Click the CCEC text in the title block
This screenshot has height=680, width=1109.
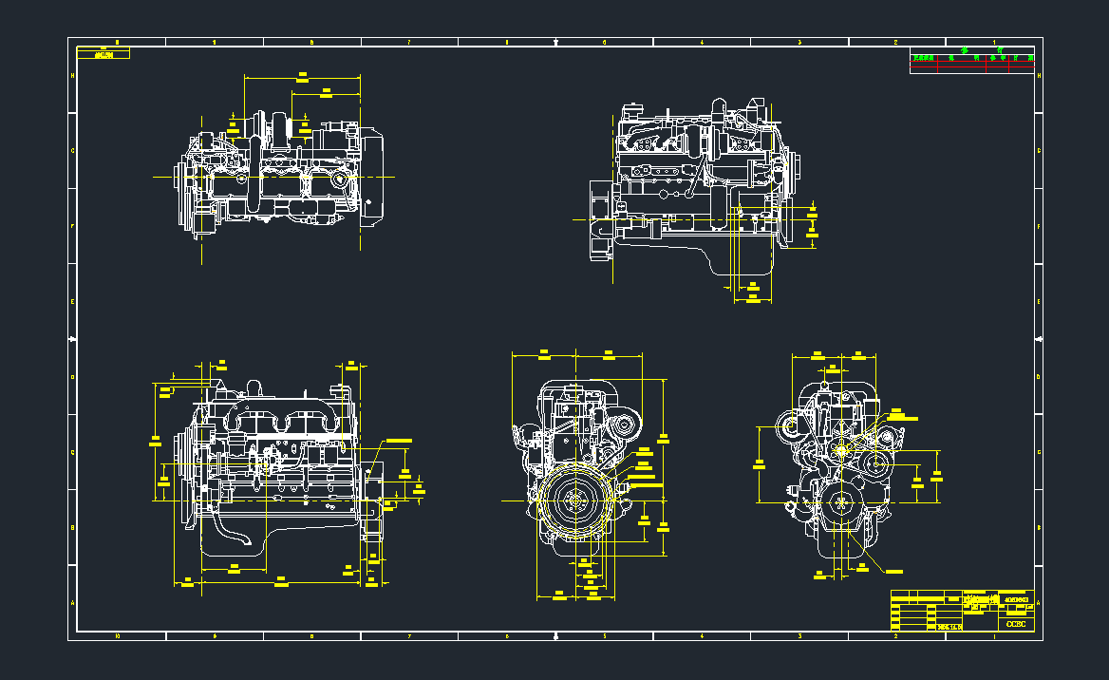pos(1015,624)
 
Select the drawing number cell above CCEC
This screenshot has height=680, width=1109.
pos(1015,601)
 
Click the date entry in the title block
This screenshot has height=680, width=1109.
pos(949,627)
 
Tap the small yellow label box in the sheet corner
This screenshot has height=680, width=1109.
pos(104,55)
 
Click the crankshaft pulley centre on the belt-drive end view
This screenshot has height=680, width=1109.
pos(839,504)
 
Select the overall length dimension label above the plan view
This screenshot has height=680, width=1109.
pos(303,73)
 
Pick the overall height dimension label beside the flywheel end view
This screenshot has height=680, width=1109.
pos(664,438)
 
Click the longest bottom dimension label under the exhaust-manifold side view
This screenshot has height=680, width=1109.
pos(281,577)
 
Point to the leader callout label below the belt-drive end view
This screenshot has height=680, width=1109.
pos(893,571)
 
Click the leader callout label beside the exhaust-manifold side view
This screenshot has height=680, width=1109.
pos(398,441)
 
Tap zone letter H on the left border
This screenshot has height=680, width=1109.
pos(73,76)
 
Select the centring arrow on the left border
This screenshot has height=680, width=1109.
pos(74,339)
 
